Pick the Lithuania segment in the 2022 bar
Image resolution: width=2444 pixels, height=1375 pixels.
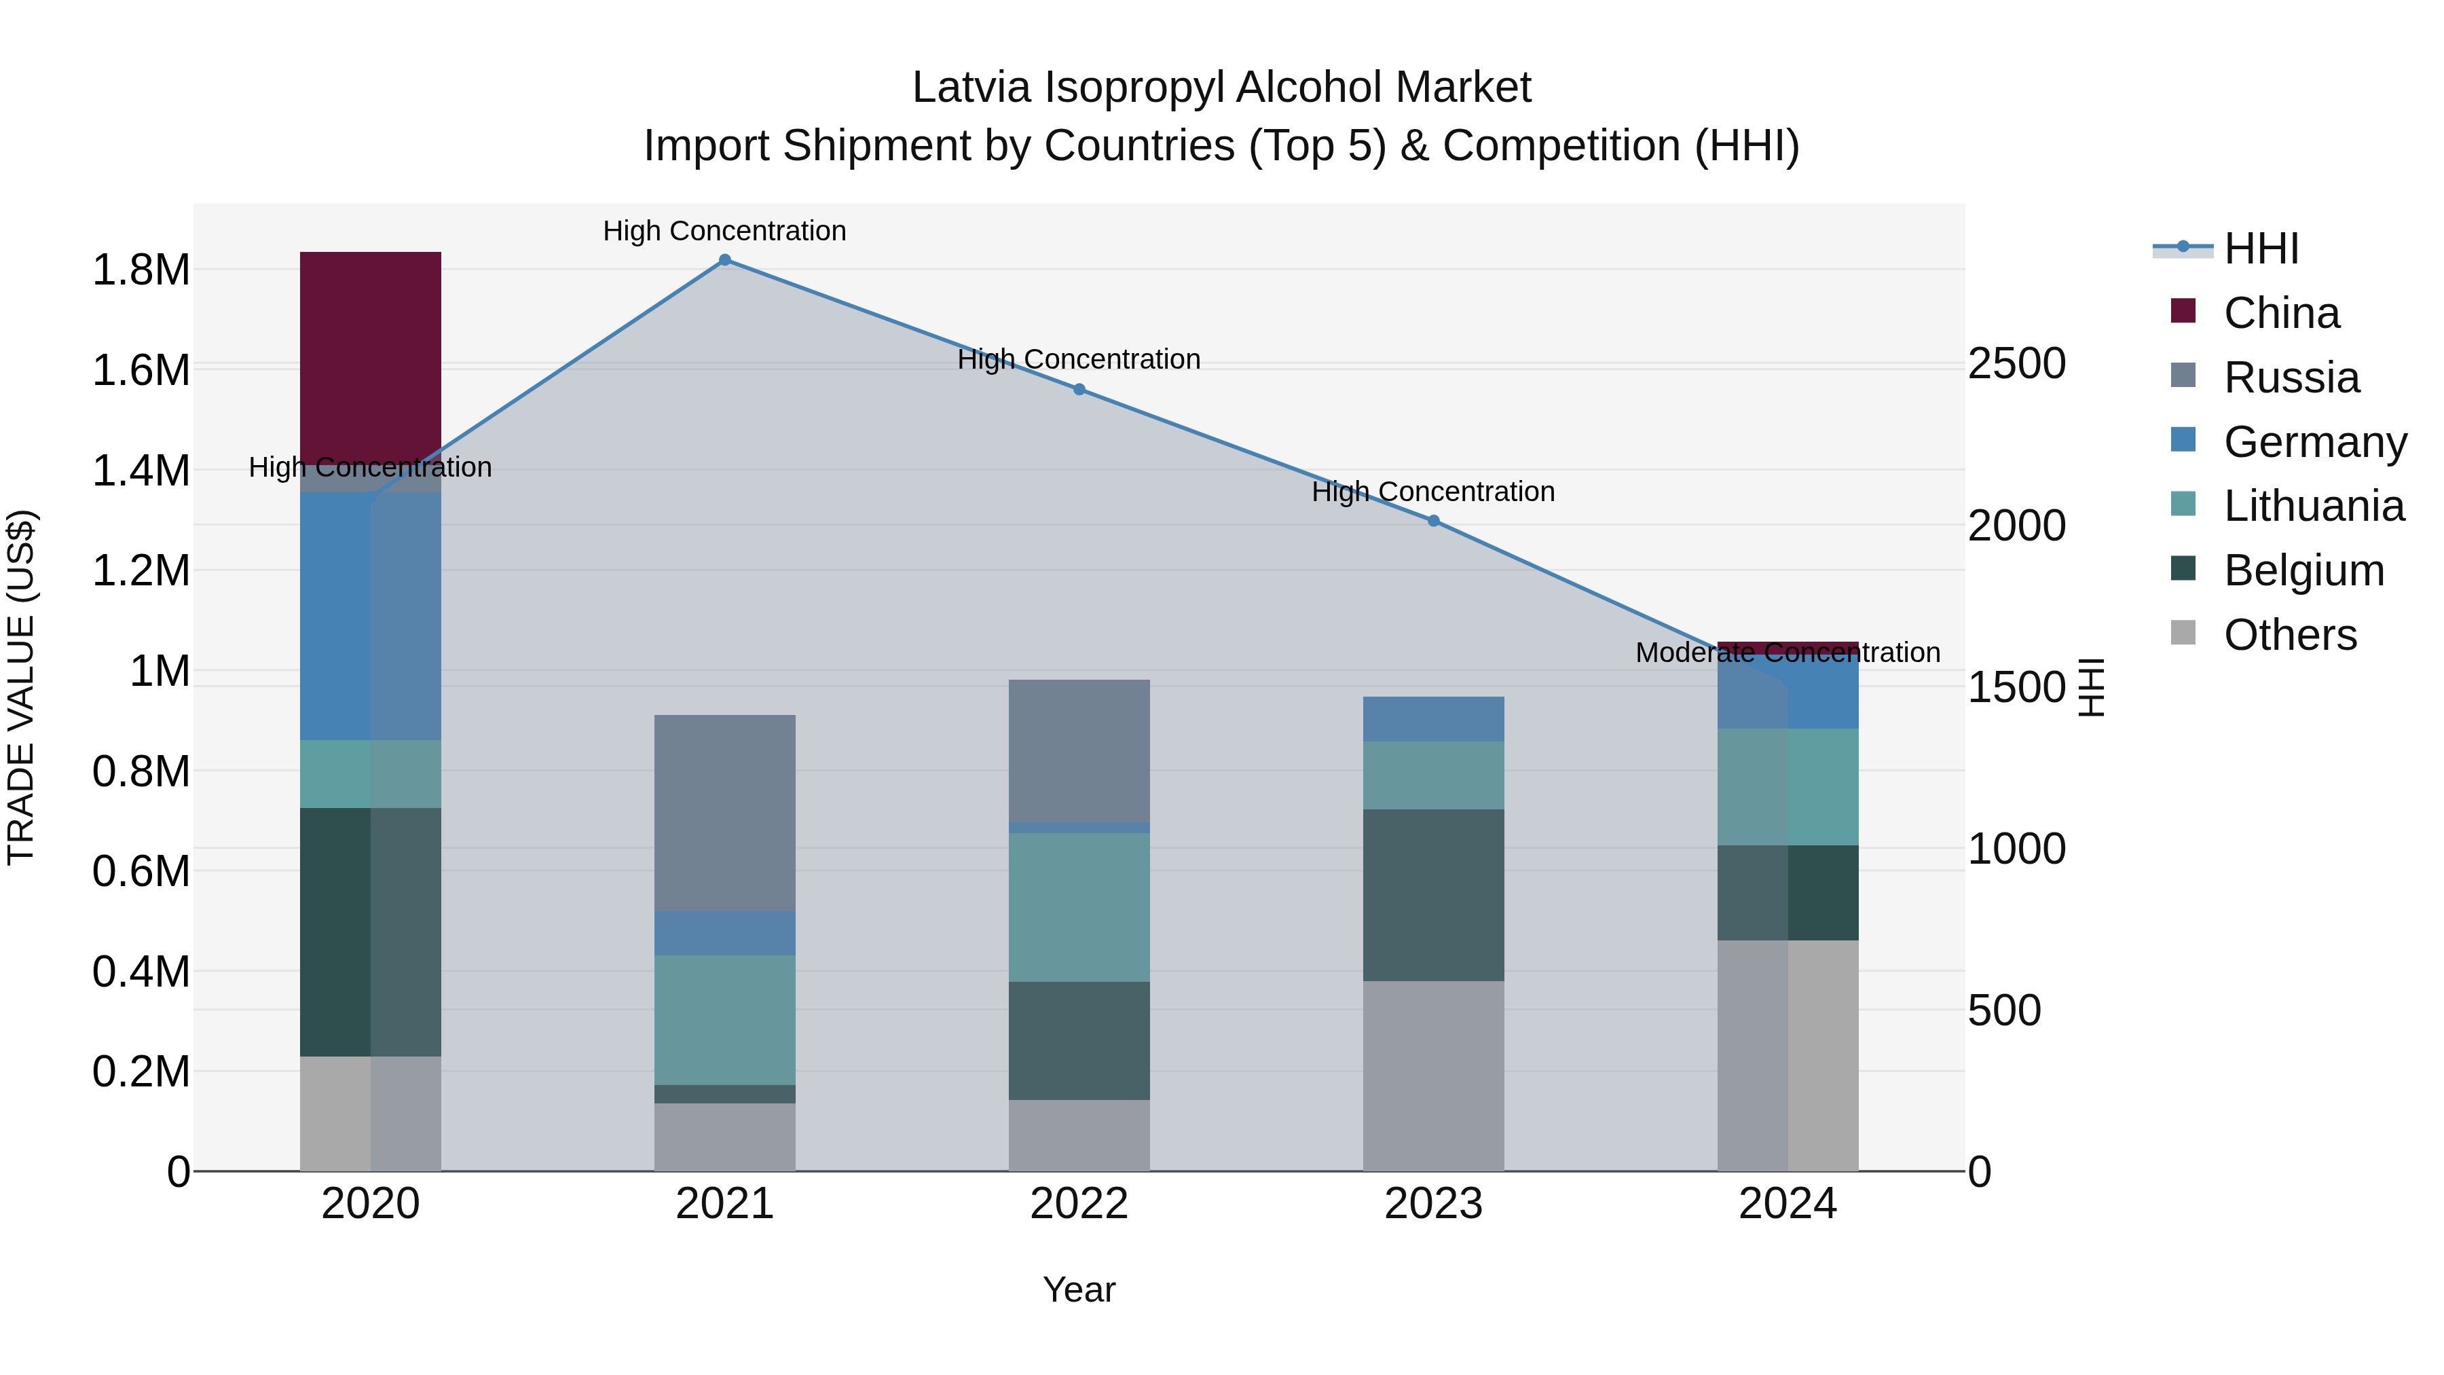point(1079,906)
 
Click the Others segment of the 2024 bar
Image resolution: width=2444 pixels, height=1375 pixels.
point(1788,1055)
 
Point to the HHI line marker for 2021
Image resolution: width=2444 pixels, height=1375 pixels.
point(725,260)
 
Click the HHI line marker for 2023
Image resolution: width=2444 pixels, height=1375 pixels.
point(1432,521)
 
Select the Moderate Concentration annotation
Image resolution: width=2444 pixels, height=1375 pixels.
point(1788,653)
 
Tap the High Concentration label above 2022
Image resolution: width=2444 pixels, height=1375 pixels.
point(1079,360)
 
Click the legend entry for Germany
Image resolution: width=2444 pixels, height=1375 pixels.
point(2314,442)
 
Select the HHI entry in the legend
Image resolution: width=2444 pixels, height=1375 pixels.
point(2260,249)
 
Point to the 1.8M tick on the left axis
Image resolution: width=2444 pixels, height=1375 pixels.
point(141,270)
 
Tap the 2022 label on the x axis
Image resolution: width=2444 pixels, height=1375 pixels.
point(1079,1204)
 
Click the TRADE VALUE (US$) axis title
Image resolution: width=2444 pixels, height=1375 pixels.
point(21,687)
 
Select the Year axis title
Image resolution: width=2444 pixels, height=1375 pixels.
point(1079,1289)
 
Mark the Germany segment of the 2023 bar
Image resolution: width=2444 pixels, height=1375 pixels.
point(1432,718)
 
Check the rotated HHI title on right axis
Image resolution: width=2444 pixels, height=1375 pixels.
point(2090,687)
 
